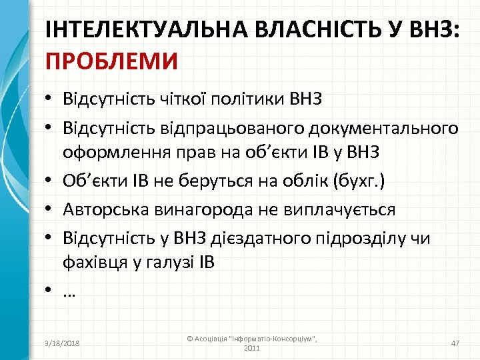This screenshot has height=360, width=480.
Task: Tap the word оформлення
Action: pyautogui.click(x=113, y=152)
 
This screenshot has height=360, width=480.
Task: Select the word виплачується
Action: pyautogui.click(x=339, y=210)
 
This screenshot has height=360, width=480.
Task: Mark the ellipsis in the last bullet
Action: pyautogui.click(x=69, y=292)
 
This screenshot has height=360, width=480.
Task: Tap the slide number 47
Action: pyautogui.click(x=455, y=343)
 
